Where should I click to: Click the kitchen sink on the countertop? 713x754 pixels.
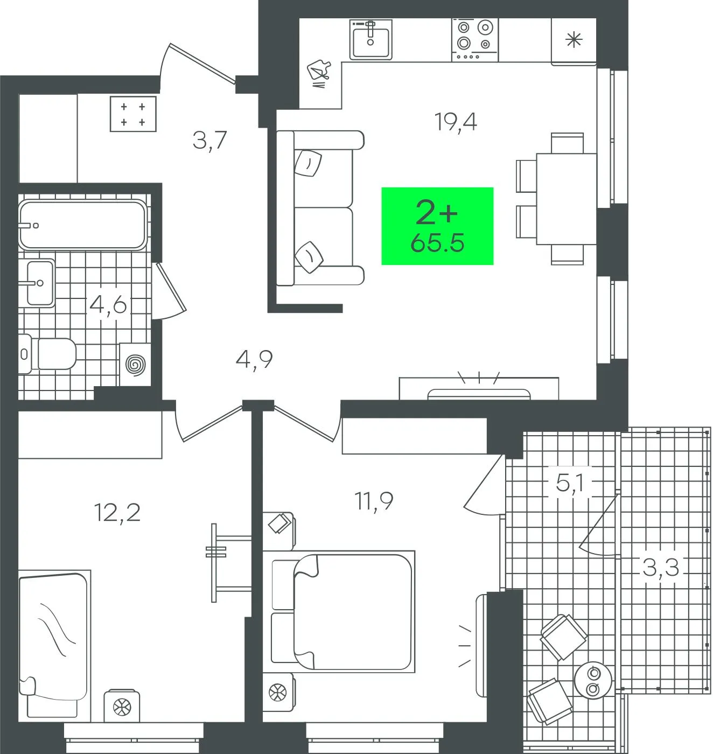[371, 39]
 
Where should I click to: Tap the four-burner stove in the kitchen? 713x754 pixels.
[475, 40]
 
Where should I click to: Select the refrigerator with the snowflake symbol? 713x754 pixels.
[574, 41]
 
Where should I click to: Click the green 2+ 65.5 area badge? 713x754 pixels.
[437, 226]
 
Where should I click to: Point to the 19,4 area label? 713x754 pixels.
[456, 122]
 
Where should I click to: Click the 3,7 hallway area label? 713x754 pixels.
[210, 141]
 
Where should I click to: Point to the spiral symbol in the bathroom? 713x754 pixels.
[135, 364]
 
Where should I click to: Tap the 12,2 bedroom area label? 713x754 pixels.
[117, 512]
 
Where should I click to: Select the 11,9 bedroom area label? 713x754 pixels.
[374, 500]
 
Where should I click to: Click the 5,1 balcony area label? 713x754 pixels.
[570, 483]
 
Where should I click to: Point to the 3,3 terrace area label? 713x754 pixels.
[661, 567]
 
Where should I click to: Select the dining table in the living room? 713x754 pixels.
[567, 199]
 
